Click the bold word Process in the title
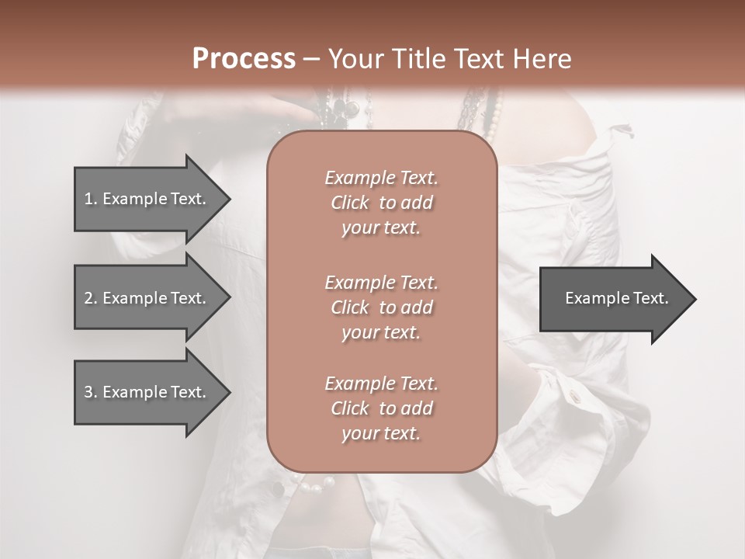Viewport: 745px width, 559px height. tap(244, 59)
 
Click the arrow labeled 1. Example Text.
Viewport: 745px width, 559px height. tap(147, 199)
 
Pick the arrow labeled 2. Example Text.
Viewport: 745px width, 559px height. tap(147, 298)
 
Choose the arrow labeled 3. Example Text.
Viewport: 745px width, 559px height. tap(147, 392)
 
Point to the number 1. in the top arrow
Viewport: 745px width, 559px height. tap(91, 199)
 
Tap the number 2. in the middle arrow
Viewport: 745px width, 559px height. tap(91, 298)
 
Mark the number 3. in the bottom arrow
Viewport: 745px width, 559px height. tap(91, 392)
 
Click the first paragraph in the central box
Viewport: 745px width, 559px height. tap(381, 203)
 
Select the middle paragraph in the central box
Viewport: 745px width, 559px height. tap(381, 307)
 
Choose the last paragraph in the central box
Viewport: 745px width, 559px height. tap(381, 408)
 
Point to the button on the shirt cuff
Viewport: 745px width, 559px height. tap(575, 397)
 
